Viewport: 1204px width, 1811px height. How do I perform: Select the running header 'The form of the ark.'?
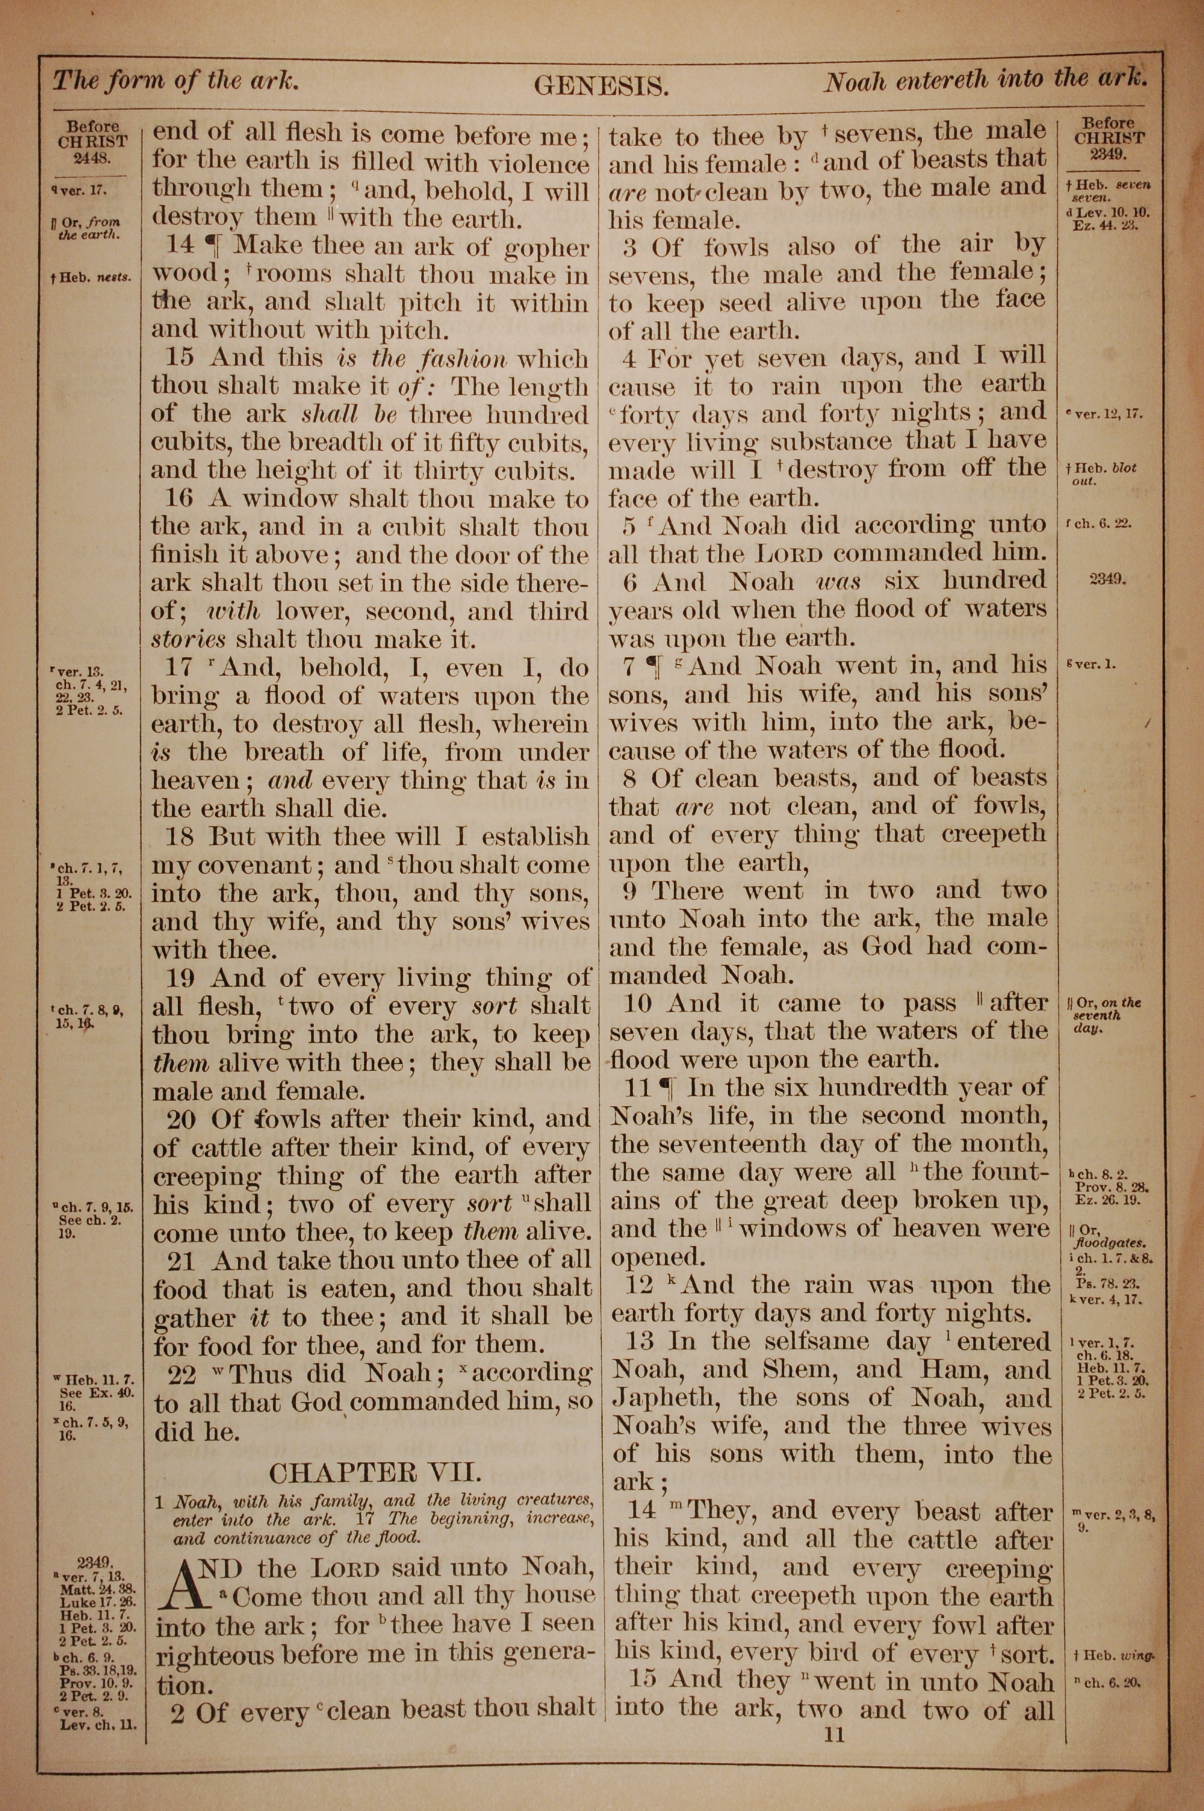tap(175, 80)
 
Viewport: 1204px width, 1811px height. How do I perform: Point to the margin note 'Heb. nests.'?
tap(91, 277)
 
